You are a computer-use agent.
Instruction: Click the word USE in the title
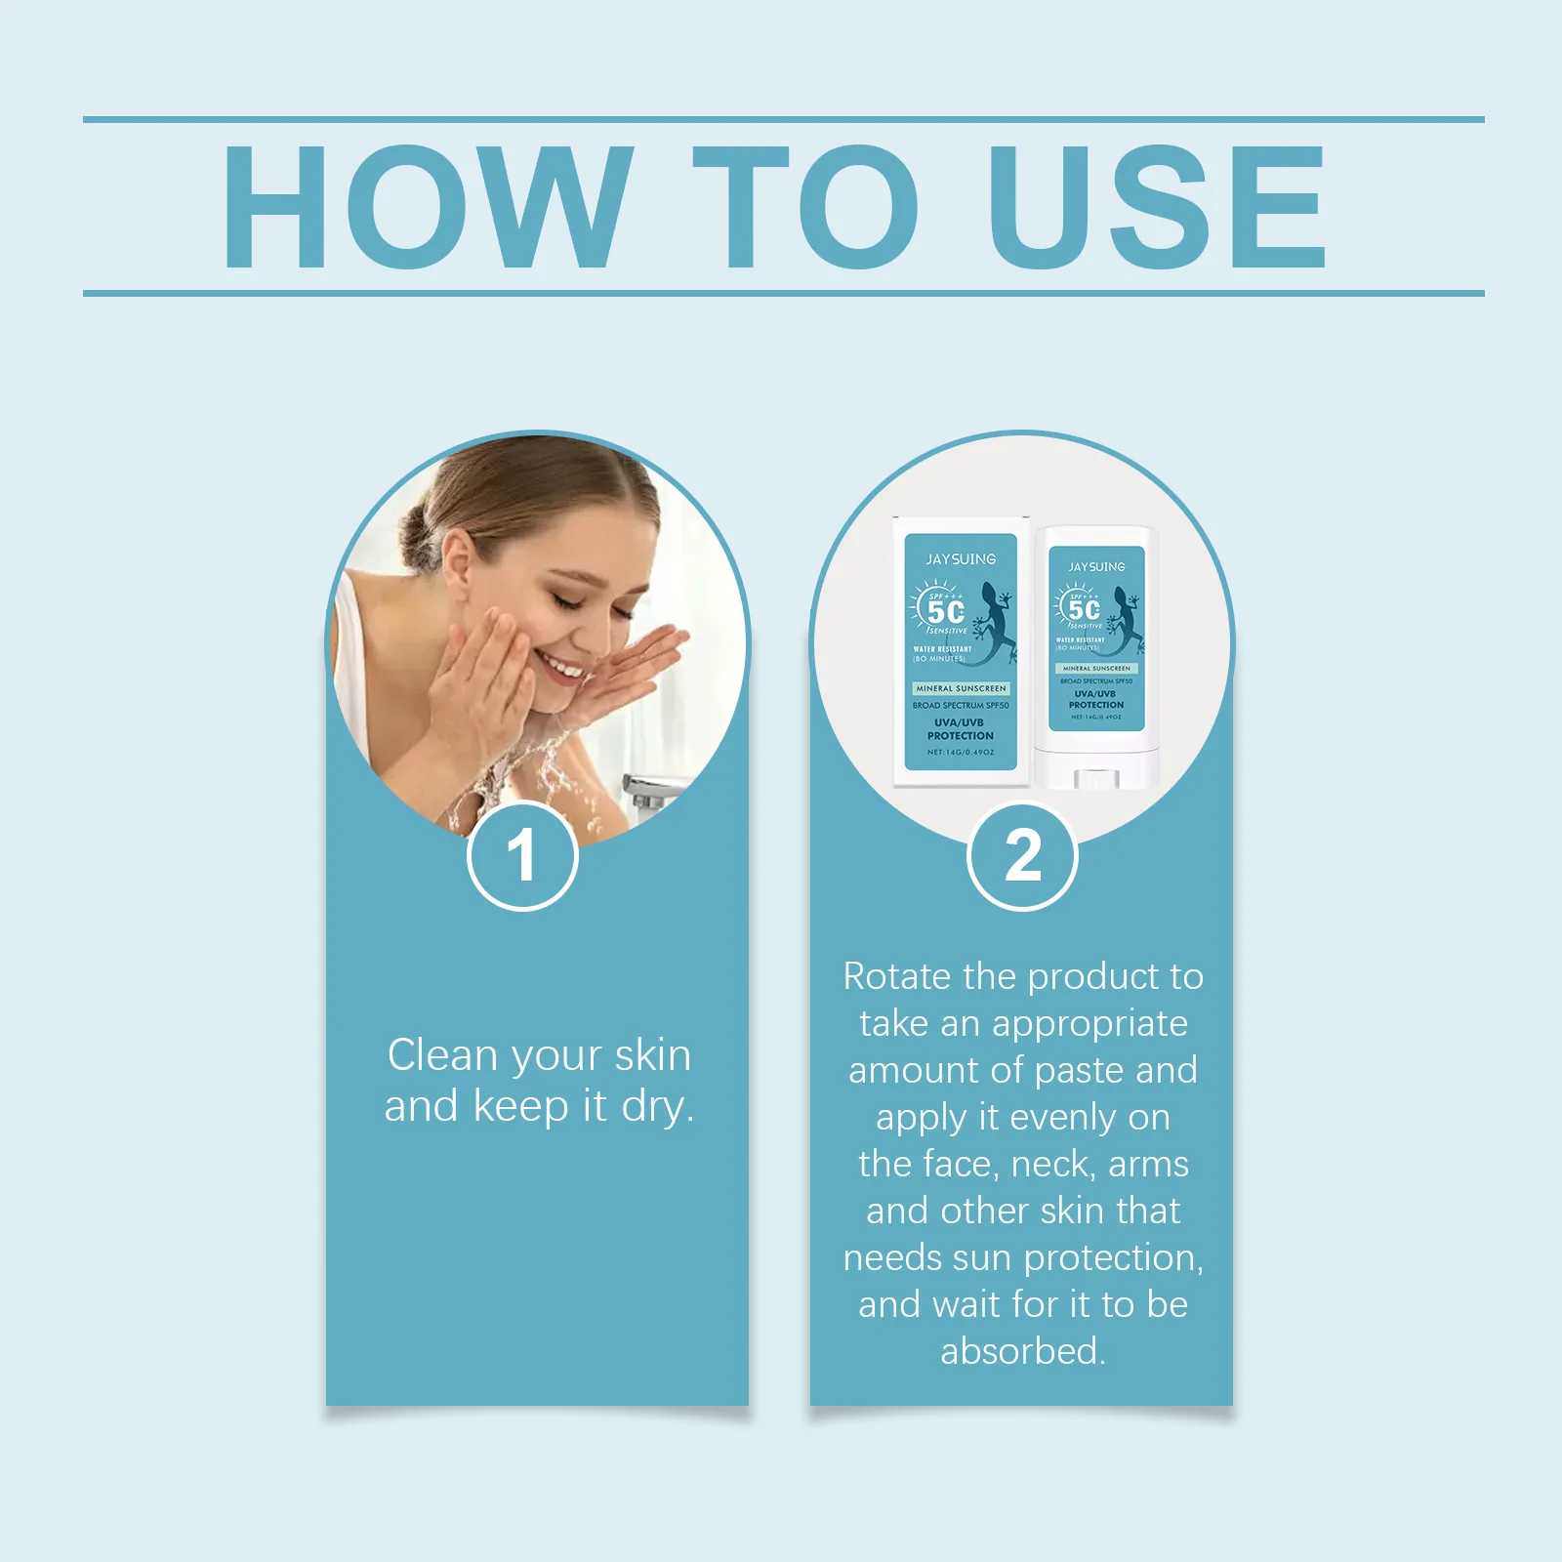point(1157,207)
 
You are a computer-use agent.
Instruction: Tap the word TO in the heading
point(805,207)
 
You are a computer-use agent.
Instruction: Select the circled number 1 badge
point(522,856)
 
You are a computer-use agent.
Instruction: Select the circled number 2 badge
point(1022,856)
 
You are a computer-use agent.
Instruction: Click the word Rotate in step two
point(895,977)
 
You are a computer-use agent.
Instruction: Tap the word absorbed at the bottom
point(1021,1352)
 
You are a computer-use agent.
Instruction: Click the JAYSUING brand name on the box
point(961,559)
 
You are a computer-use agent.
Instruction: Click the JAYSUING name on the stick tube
point(1096,567)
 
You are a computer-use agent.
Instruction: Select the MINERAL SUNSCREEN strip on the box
point(961,688)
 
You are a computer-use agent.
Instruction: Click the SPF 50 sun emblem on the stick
point(1081,609)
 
